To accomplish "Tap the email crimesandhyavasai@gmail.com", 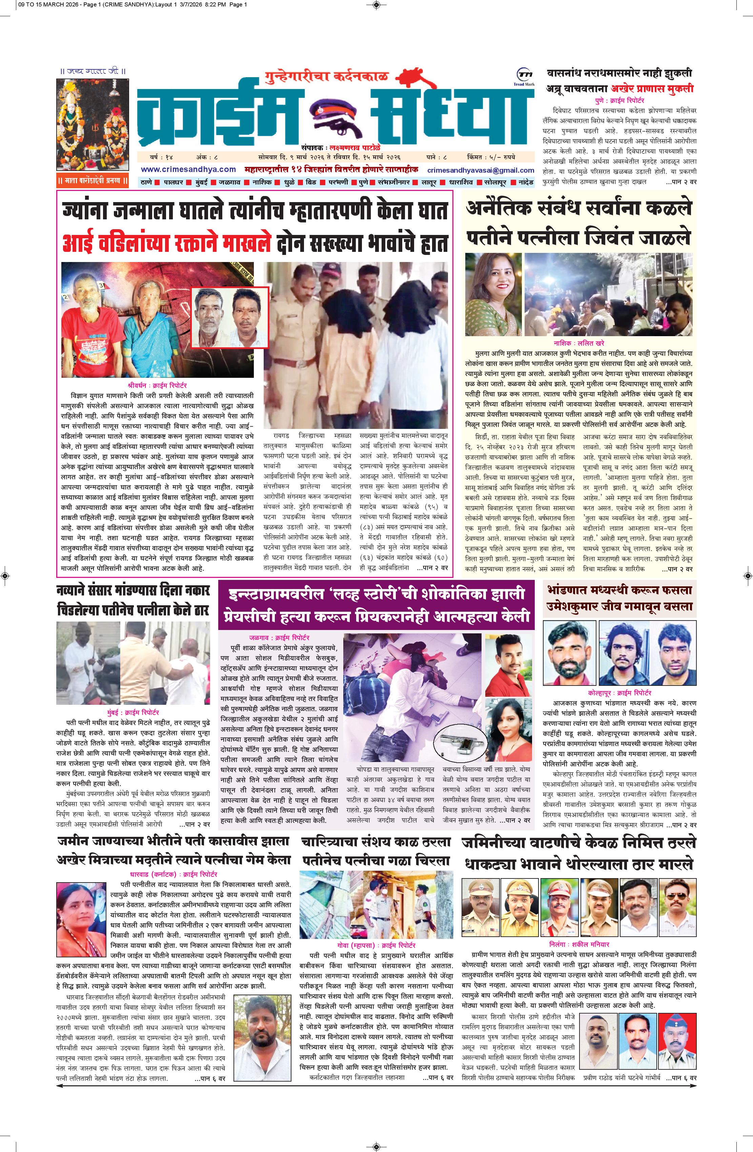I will pyautogui.click(x=481, y=170).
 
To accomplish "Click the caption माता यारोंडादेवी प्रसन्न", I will pyautogui.click(x=92, y=182).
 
